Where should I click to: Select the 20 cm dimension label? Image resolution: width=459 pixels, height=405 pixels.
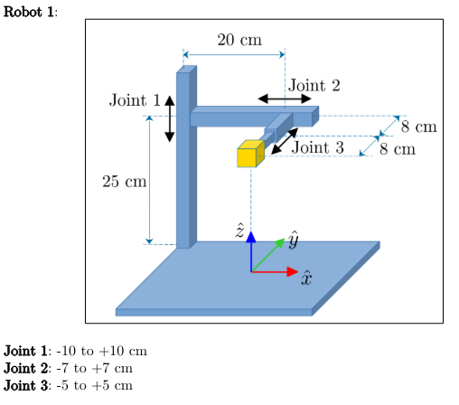pyautogui.click(x=239, y=40)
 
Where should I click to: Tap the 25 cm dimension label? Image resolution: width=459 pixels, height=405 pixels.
pyautogui.click(x=124, y=182)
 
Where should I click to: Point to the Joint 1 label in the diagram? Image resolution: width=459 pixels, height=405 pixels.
pyautogui.click(x=135, y=100)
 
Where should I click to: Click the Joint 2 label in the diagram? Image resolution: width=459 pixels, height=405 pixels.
pyautogui.click(x=314, y=86)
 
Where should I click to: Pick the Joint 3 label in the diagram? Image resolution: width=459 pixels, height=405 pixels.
pyautogui.click(x=319, y=146)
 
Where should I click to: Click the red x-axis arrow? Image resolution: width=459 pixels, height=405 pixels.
pyautogui.click(x=276, y=271)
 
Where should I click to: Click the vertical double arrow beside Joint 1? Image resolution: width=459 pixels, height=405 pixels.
pyautogui.click(x=169, y=118)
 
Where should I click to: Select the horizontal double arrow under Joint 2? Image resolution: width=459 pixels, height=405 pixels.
pyautogui.click(x=284, y=99)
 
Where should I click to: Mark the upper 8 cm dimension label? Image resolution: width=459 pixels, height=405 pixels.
pyautogui.click(x=418, y=127)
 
